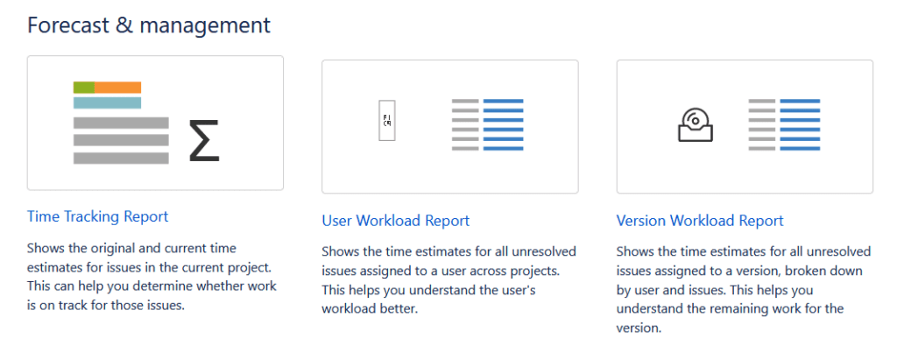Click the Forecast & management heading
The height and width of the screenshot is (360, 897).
coord(149,25)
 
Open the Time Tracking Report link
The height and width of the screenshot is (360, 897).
coord(97,216)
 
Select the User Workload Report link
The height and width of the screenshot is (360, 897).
coord(395,221)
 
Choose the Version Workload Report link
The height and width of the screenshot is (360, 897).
coord(700,221)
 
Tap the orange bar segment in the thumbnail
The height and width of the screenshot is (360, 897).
coord(117,87)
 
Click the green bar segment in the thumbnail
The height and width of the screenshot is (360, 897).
coord(83,87)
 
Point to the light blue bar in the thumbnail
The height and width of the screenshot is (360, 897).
coord(107,102)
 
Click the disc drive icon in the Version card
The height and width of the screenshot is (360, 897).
coord(696,124)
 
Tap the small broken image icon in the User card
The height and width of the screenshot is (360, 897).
coord(385,125)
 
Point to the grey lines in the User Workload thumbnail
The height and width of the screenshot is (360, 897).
coord(465,125)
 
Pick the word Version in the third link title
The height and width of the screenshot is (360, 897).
coord(641,221)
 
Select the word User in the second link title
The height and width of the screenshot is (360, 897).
coord(337,221)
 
